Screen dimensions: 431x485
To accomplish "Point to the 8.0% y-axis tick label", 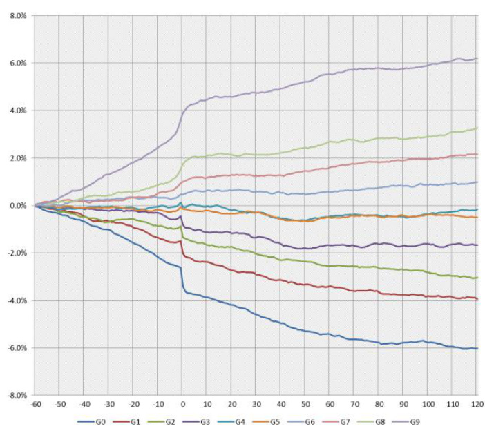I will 17,15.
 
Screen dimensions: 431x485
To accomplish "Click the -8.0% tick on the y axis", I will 16,395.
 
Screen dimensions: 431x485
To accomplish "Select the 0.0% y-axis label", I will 17,205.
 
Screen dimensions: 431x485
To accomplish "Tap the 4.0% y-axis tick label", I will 17,111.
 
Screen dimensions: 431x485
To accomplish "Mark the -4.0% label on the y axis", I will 16,300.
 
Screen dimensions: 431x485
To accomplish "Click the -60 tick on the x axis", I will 35,403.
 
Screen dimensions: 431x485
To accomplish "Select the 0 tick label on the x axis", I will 182,403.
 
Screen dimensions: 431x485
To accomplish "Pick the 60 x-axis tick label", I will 330,403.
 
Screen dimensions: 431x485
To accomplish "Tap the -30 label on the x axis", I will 108,403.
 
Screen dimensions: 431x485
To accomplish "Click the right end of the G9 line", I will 477,59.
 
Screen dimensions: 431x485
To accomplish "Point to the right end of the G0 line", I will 477,348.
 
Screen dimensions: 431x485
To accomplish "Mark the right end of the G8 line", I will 477,128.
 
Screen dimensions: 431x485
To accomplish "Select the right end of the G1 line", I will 477,298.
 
